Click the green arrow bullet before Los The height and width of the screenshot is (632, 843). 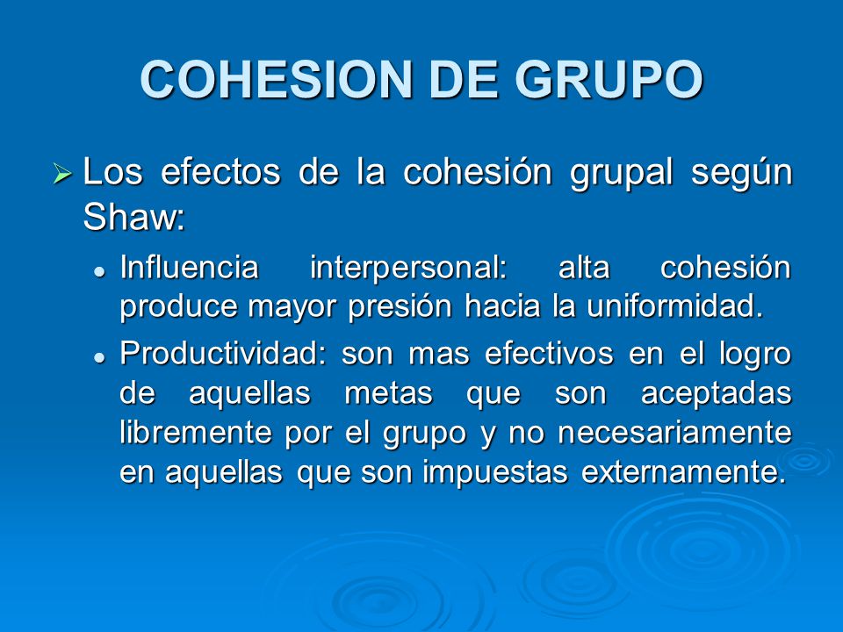click(61, 174)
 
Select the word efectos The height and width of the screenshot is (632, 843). click(219, 173)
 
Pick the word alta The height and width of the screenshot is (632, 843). click(584, 267)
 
